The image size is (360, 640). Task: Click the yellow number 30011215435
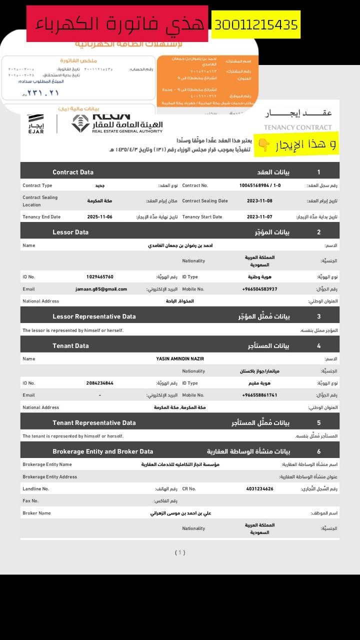click(x=256, y=24)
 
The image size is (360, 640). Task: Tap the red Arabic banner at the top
click(x=117, y=23)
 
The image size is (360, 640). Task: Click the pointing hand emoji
click(x=263, y=145)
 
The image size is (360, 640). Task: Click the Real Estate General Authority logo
click(x=117, y=123)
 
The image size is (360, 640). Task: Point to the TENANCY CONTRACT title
click(x=297, y=127)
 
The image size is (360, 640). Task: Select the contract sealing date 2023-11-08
click(x=260, y=201)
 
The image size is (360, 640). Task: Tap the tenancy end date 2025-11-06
click(x=100, y=217)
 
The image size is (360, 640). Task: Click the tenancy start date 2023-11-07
click(x=260, y=217)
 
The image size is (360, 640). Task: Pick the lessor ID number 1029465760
click(x=100, y=277)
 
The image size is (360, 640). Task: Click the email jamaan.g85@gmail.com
click(x=101, y=289)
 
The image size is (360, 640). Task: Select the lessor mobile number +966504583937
click(x=259, y=289)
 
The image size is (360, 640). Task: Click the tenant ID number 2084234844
click(x=100, y=383)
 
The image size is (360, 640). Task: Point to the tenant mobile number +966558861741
click(x=259, y=395)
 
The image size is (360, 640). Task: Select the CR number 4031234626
click(x=260, y=488)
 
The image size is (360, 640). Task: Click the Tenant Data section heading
click(x=70, y=345)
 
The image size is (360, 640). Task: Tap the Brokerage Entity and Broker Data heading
click(x=103, y=451)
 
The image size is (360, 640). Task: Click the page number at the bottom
click(x=180, y=552)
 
